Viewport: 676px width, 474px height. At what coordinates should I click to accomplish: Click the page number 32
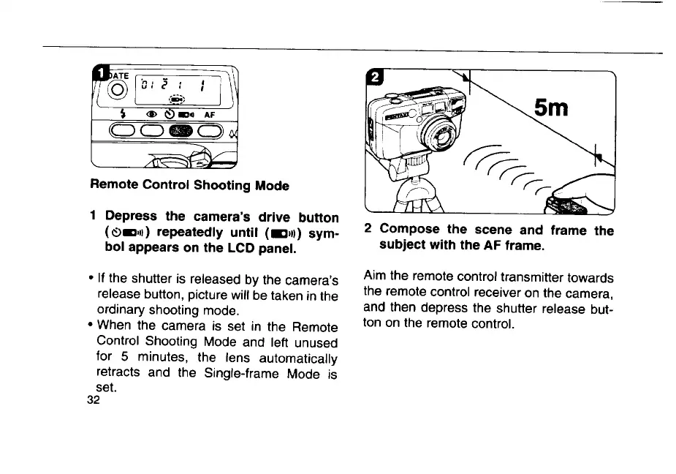[93, 400]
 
